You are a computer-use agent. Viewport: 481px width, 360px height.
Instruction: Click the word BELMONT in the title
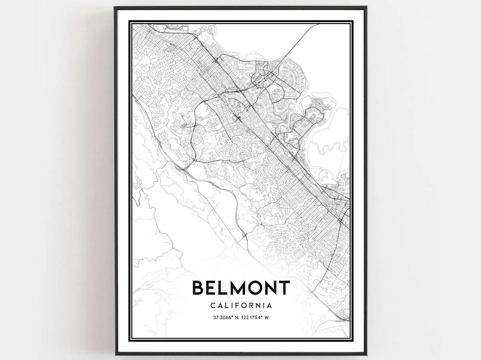pyautogui.click(x=240, y=288)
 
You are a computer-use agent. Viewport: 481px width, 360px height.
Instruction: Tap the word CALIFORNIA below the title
pyautogui.click(x=240, y=306)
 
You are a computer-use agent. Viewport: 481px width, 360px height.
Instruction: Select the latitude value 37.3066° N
pyautogui.click(x=221, y=318)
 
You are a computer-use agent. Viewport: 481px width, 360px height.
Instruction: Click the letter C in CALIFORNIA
pyautogui.click(x=211, y=306)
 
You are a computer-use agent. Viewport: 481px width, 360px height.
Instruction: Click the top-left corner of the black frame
pyautogui.click(x=115, y=8)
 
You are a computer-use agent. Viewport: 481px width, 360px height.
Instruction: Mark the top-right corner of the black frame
pyautogui.click(x=366, y=8)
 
